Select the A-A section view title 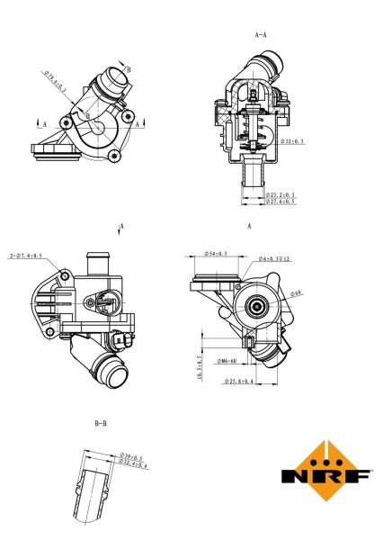click(x=262, y=35)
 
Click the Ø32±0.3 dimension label click(x=292, y=142)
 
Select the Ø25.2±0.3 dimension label click(x=281, y=194)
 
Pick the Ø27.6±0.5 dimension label click(x=281, y=202)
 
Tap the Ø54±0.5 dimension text click(x=216, y=254)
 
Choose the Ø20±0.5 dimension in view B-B click(x=132, y=458)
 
